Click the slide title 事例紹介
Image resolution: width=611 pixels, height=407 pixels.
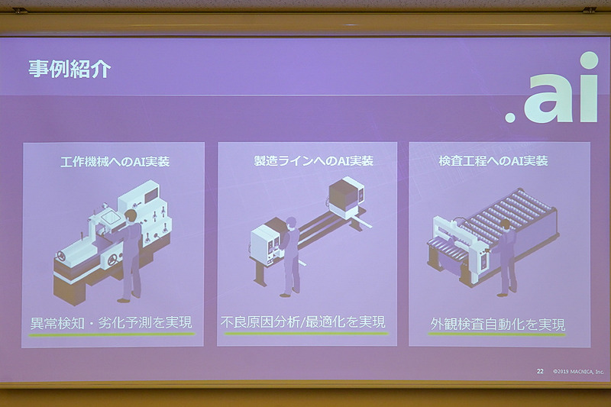[70, 69]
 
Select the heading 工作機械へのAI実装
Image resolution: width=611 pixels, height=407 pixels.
[115, 162]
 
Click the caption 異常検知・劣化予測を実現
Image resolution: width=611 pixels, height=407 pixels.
[107, 321]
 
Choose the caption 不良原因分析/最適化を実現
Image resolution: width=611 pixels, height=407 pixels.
[303, 321]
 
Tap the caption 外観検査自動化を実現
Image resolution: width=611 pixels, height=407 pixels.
[497, 324]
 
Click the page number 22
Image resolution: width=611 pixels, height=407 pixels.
[540, 371]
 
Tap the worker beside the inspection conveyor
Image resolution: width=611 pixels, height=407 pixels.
[504, 256]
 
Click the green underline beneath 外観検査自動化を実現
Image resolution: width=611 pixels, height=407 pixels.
[496, 334]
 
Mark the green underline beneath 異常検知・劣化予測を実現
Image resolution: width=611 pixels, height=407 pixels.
[107, 333]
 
